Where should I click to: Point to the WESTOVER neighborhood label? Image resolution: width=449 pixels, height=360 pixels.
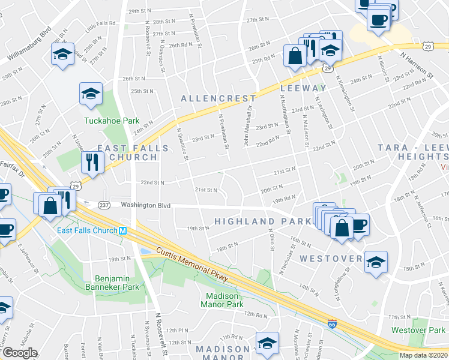331,259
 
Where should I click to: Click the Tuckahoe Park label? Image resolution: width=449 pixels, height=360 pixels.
112,121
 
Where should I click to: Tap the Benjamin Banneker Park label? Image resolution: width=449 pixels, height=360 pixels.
117,283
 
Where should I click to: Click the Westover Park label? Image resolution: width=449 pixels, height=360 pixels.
418,330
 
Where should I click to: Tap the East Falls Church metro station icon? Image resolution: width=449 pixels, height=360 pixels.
122,231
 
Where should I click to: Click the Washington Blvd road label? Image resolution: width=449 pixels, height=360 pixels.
145,205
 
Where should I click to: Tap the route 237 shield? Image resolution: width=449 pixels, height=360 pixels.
103,205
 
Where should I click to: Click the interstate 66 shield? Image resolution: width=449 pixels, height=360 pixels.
331,324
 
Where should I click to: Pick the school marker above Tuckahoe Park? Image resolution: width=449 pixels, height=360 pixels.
91,93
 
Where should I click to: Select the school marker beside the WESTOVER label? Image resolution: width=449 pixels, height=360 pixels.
376,262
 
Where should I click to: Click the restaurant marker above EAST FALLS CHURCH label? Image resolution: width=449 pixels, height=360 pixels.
92,160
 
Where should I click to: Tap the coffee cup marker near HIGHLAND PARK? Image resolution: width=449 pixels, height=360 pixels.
359,224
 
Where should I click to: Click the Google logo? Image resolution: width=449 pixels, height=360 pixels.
20,353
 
